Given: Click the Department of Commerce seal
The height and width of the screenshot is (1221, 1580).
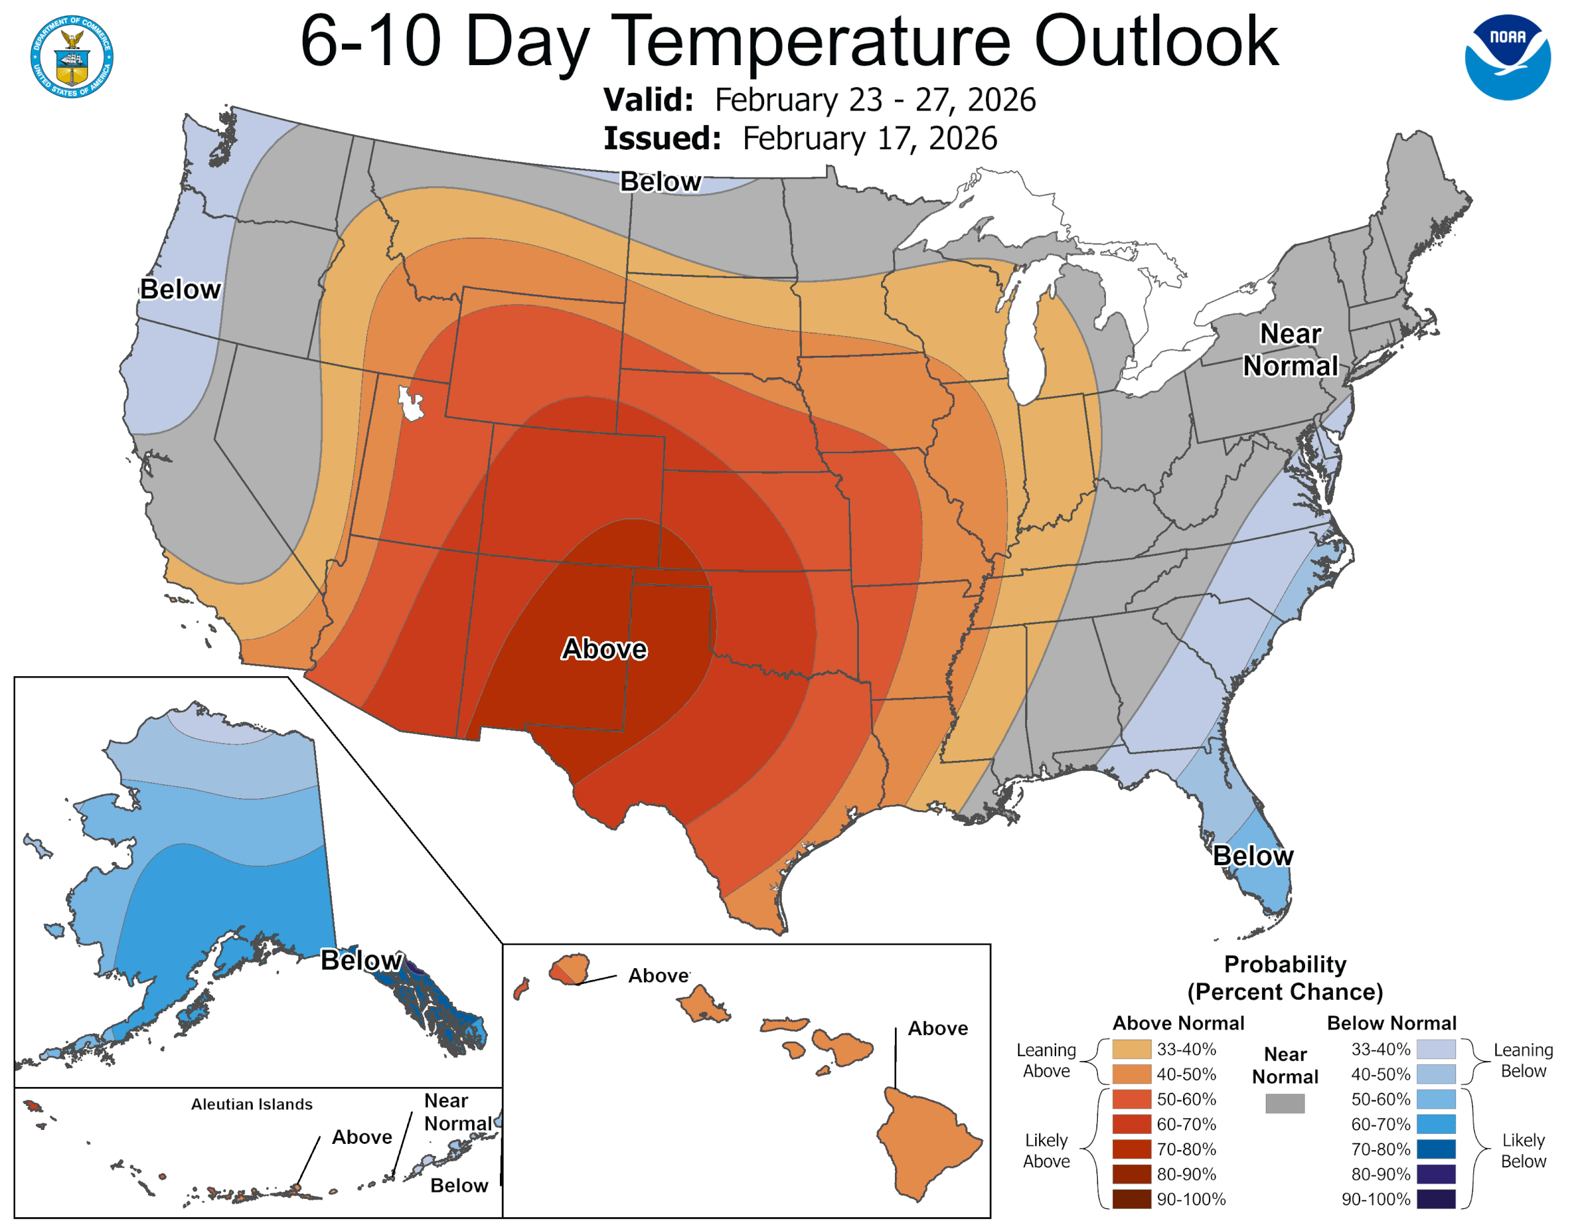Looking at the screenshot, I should coord(71,56).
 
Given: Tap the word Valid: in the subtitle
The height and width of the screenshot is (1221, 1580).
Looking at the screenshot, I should coord(648,100).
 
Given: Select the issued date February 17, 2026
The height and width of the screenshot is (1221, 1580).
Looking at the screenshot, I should coord(870,139).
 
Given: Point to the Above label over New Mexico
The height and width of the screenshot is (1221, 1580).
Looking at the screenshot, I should coord(604,649).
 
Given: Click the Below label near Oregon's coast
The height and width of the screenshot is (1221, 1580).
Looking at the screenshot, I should coord(180,289).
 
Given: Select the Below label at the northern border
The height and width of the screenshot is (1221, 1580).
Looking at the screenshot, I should coord(660,181).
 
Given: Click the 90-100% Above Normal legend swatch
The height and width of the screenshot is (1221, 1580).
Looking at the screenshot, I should coord(1131,1200).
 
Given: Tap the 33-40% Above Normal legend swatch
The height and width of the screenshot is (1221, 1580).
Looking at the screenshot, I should coord(1131,1049).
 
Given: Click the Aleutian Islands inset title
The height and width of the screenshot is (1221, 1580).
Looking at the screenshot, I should coord(252,1104).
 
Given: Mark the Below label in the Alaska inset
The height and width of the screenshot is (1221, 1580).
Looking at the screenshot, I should coord(361,961).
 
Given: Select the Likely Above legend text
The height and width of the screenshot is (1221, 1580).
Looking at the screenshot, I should coord(1045,1150).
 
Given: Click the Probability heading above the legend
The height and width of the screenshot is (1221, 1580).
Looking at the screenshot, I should coord(1284,964).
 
